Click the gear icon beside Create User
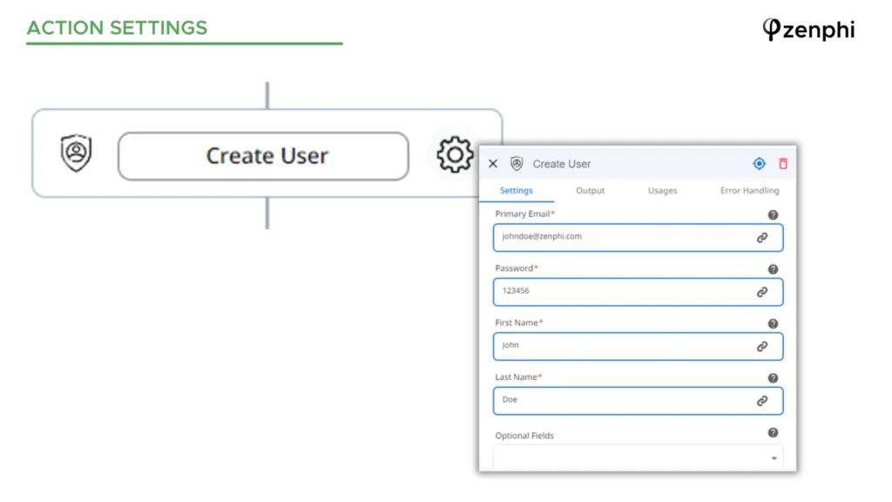pyautogui.click(x=455, y=154)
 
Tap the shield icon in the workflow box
pyautogui.click(x=77, y=153)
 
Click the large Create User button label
pyautogui.click(x=267, y=156)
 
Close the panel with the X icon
pyautogui.click(x=493, y=164)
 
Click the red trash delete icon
pyautogui.click(x=783, y=164)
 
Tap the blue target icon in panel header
pyautogui.click(x=759, y=164)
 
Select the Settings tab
pyautogui.click(x=517, y=191)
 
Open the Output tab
pyautogui.click(x=590, y=191)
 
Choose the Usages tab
pyautogui.click(x=663, y=191)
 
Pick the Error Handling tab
pyautogui.click(x=750, y=191)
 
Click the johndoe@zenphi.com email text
pyautogui.click(x=542, y=236)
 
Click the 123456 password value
pyautogui.click(x=516, y=291)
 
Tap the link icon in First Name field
pyautogui.click(x=762, y=347)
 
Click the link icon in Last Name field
pyautogui.click(x=762, y=401)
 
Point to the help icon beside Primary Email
pyautogui.click(x=773, y=215)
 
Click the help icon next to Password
pyautogui.click(x=773, y=269)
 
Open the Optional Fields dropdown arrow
pyautogui.click(x=774, y=458)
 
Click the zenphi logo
pyautogui.click(x=808, y=30)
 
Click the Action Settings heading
pyautogui.click(x=118, y=28)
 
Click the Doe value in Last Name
pyautogui.click(x=510, y=399)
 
